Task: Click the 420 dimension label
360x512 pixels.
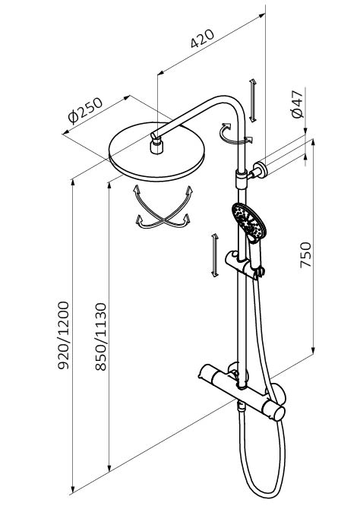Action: point(202,39)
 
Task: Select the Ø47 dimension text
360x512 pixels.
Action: point(297,104)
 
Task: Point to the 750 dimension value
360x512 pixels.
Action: point(306,254)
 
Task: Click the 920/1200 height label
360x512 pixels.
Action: point(63,335)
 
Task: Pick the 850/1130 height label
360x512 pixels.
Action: point(101,337)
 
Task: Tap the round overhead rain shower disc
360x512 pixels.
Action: point(156,151)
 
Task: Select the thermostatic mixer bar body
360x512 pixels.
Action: point(242,392)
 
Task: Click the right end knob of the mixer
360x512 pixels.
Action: point(276,412)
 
